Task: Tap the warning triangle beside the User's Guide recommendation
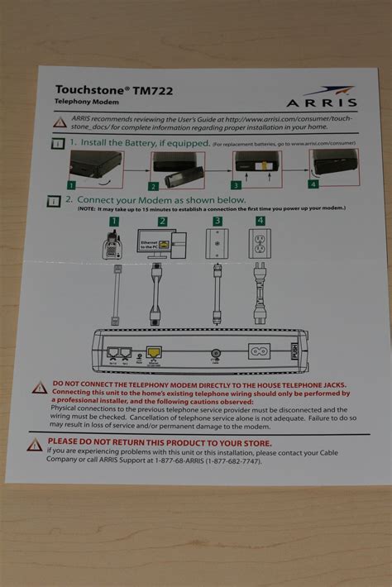click(x=60, y=122)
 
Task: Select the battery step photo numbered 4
click(x=335, y=168)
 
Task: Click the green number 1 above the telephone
click(x=114, y=222)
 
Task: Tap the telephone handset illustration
click(x=115, y=246)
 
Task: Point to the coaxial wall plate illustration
click(x=218, y=246)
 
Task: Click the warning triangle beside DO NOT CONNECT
click(x=39, y=387)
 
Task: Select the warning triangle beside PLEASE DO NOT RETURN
click(x=35, y=445)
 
